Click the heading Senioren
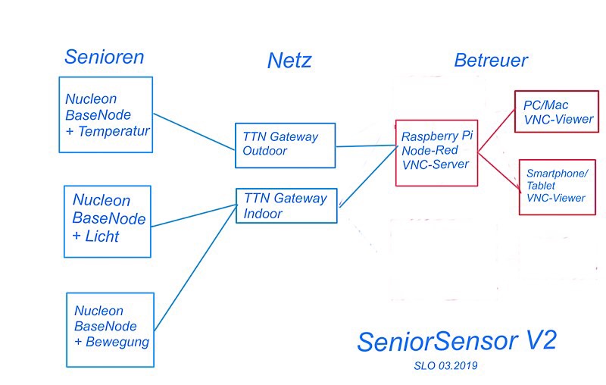104,57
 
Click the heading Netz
289,61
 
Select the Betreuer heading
491,61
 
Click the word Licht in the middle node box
102,236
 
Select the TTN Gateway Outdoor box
285,146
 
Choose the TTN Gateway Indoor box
286,205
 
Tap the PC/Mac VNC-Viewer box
556,112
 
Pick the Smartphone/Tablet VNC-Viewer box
557,186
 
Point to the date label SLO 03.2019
445,365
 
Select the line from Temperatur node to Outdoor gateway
194,125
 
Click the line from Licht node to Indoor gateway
194,215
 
